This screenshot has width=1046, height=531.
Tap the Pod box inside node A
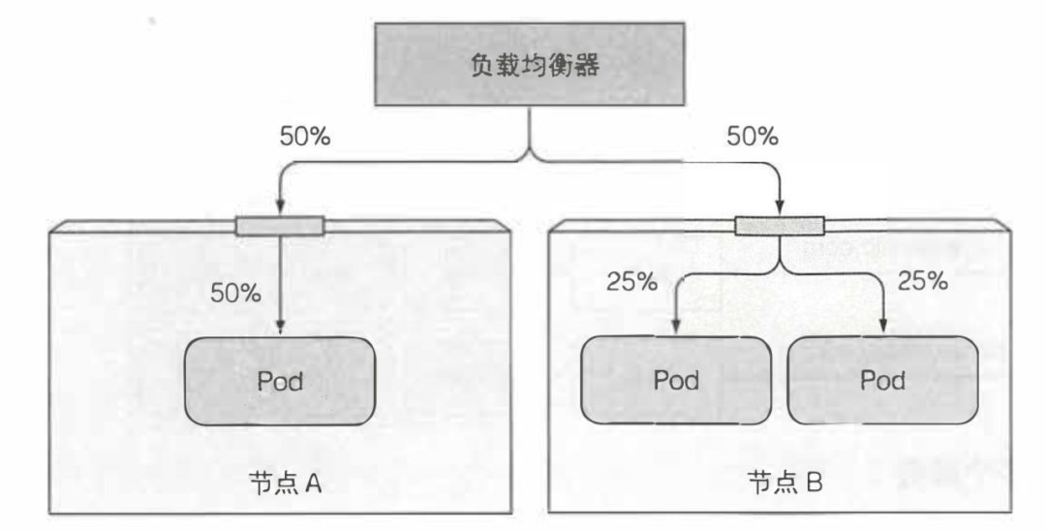[280, 382]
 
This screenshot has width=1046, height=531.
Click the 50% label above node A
[305, 137]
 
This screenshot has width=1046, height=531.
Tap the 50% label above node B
[753, 137]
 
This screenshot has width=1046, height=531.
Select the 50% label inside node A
[235, 293]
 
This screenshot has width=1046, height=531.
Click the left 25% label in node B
[631, 282]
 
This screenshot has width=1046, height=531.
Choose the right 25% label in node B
[922, 282]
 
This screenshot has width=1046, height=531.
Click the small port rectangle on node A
[280, 227]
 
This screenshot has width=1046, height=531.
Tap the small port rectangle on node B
[780, 227]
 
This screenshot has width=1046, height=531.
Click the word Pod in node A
[280, 382]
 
